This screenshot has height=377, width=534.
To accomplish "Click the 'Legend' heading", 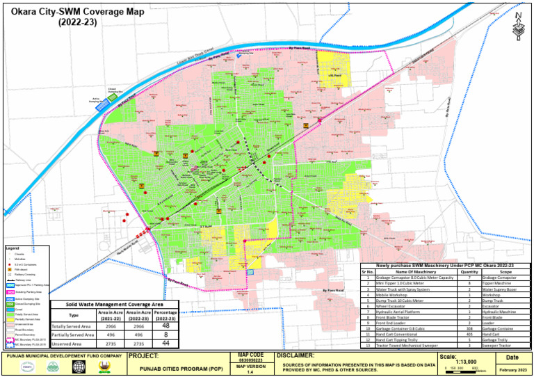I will [x=13, y=248].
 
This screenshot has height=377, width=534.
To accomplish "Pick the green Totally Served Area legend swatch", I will [x=10, y=315].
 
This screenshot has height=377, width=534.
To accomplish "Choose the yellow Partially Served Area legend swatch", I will [x=10, y=319].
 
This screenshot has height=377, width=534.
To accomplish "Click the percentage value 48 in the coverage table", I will [x=165, y=326].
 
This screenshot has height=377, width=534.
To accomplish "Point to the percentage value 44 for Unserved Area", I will [x=165, y=343].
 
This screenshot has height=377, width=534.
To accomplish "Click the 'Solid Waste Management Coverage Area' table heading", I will [x=114, y=305].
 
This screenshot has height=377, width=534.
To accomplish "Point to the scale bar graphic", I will [x=460, y=369].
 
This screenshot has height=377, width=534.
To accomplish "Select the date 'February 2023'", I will [x=512, y=369].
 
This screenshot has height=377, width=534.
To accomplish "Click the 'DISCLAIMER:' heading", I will [x=296, y=355].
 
